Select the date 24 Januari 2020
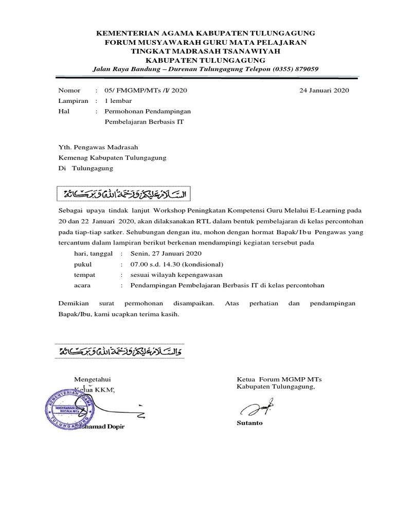tap(324, 91)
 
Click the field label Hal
tap(64, 111)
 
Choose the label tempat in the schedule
tap(85, 275)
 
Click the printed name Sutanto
tap(249, 423)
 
